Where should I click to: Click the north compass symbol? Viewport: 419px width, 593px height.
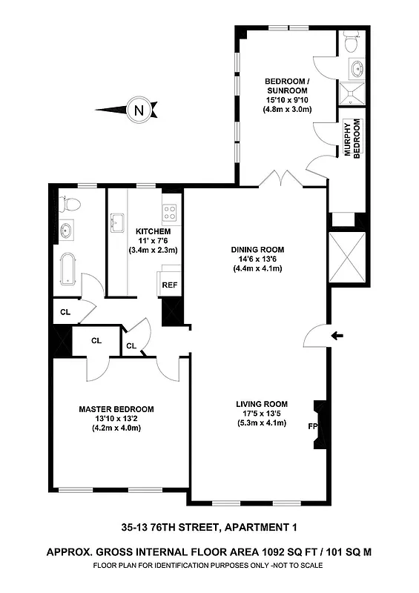[x=136, y=110]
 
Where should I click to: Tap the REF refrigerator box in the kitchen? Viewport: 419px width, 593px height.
[x=169, y=284]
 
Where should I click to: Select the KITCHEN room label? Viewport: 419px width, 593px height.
[x=154, y=231]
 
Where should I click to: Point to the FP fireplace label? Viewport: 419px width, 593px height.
[x=312, y=427]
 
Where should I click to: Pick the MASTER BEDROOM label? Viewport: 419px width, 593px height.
[x=116, y=409]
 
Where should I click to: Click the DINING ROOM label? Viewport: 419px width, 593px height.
[x=257, y=249]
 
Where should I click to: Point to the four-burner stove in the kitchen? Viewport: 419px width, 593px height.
[x=170, y=213]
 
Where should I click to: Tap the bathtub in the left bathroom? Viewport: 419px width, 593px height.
[x=67, y=268]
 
